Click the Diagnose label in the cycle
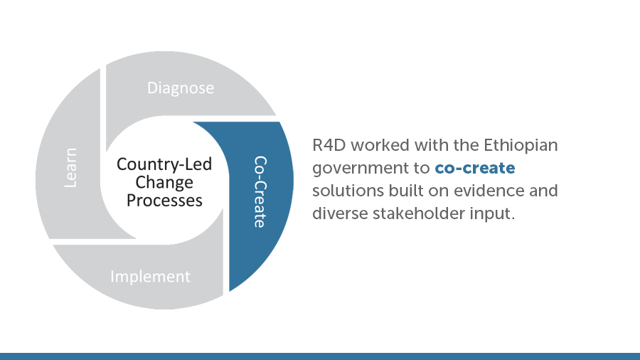[x=181, y=88]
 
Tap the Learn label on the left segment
[x=70, y=168]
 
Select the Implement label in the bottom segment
[x=150, y=277]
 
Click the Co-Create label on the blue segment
[x=260, y=192]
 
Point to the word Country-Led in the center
[x=164, y=164]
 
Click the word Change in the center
[x=164, y=182]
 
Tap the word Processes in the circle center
[x=164, y=201]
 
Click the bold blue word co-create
[x=475, y=168]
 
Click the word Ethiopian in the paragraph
[x=521, y=146]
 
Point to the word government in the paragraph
[x=359, y=169]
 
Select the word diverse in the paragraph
[x=340, y=213]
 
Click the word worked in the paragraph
[x=380, y=145]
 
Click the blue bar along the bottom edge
[x=320, y=356]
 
